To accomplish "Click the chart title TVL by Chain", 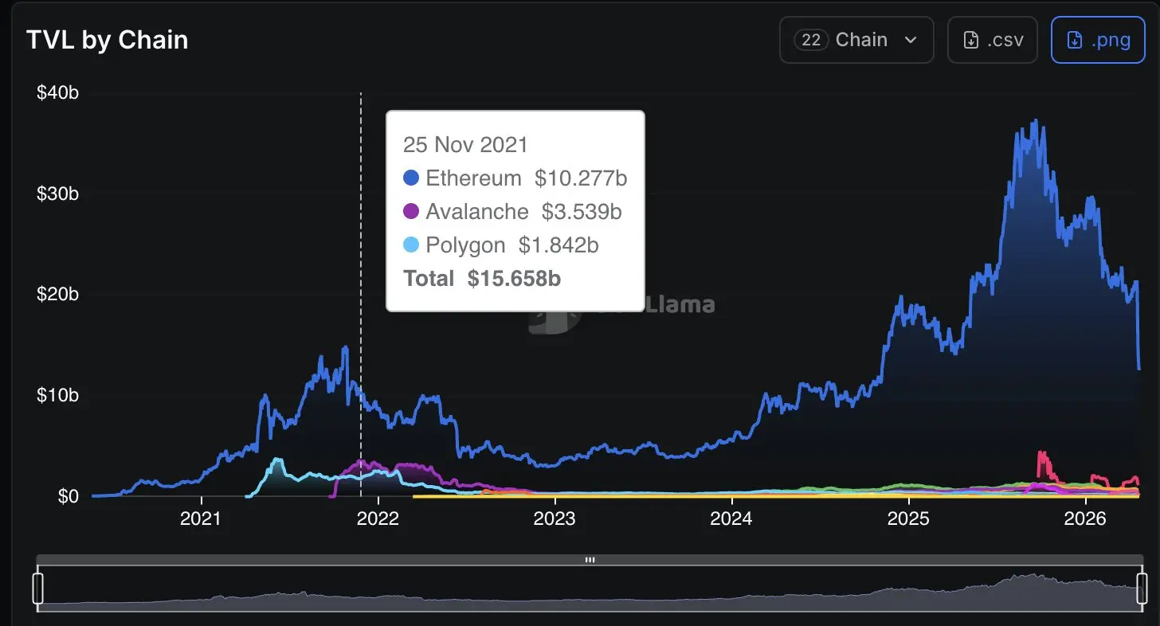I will pos(108,40).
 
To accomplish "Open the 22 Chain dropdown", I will pos(856,40).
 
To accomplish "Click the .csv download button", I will pos(992,40).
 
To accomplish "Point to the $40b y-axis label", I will pos(57,93).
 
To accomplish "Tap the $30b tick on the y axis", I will pos(57,194).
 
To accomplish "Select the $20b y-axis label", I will pos(57,295).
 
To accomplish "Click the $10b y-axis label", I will pos(57,395).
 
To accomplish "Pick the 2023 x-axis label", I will pos(555,519).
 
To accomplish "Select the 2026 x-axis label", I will pos(1085,519).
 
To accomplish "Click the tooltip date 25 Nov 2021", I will pos(465,144).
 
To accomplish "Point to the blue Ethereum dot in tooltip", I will pos(411,178).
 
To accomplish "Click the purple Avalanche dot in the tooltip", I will pos(411,211).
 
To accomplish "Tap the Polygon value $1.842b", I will pos(558,245).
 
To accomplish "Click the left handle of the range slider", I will pos(37,589).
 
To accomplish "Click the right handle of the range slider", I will pos(1142,589).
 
